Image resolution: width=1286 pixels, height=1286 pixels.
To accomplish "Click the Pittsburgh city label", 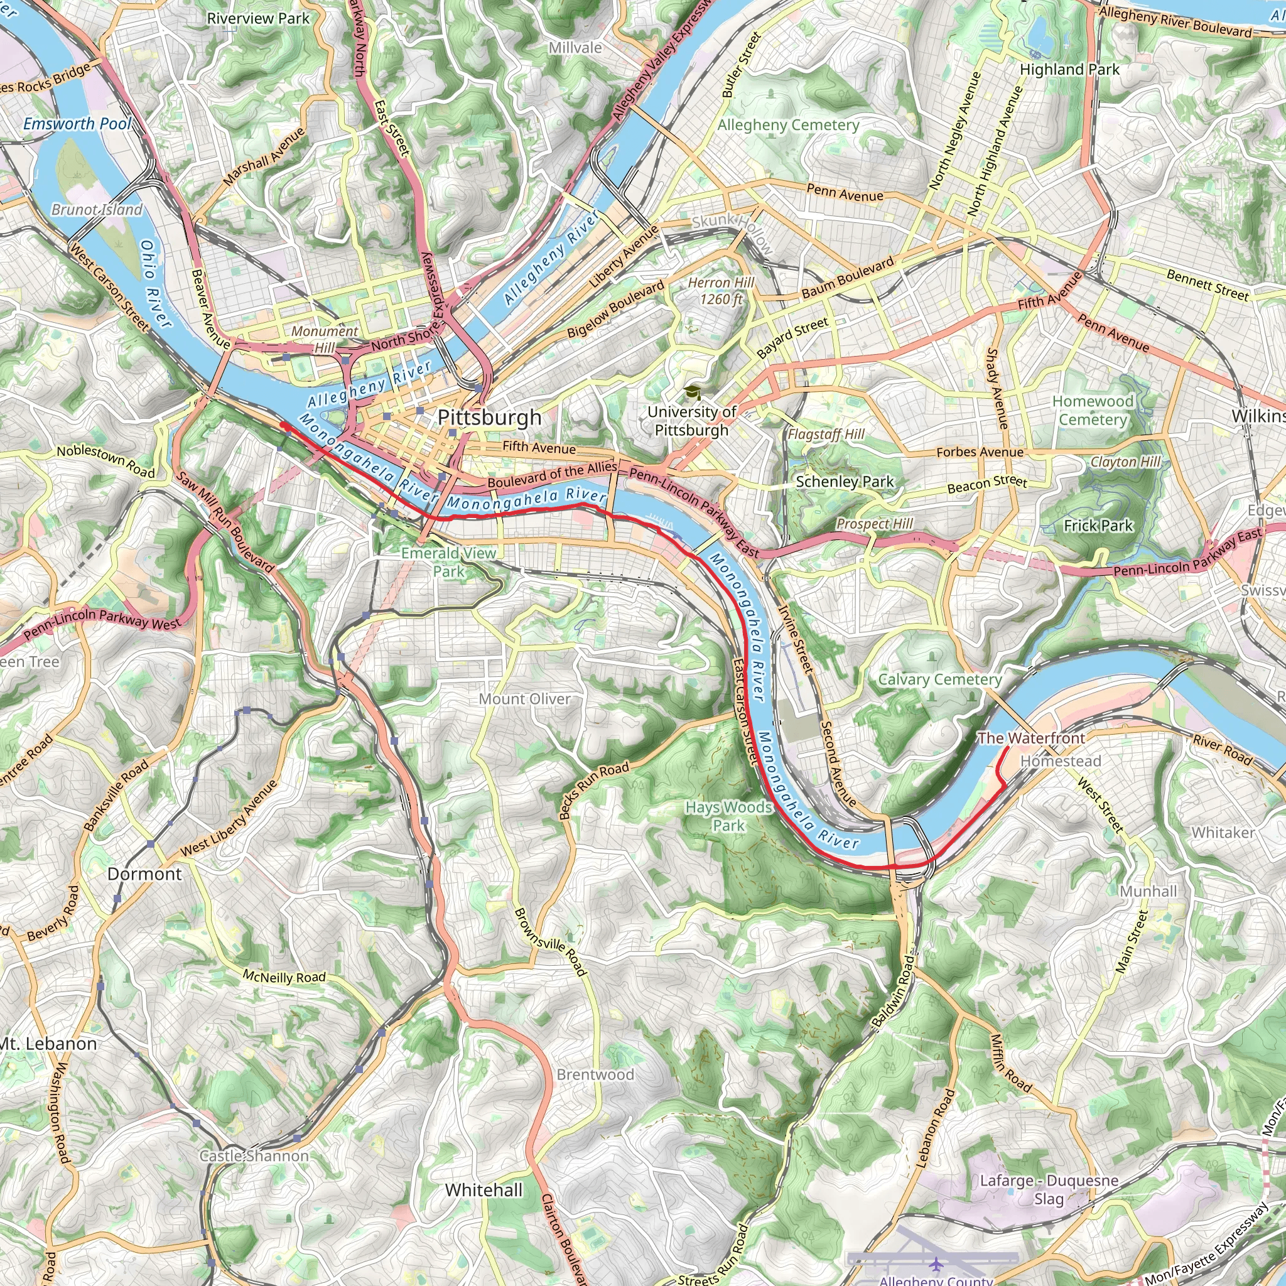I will [489, 418].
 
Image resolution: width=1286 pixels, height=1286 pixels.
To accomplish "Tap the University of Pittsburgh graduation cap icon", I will [692, 392].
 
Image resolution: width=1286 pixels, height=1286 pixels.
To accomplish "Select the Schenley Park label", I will [844, 481].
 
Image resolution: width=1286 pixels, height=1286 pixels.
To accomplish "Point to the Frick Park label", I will [1098, 526].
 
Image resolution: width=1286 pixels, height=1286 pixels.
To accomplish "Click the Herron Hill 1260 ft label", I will [721, 291].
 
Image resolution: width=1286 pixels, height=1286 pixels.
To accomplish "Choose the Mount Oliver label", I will [524, 699].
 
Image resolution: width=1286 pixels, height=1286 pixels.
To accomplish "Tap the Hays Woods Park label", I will [728, 816].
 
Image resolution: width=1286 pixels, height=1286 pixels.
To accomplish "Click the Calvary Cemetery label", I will [939, 679].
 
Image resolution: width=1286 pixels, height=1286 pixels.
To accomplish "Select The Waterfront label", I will [1030, 738].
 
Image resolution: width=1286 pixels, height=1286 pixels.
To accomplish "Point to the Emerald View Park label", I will [448, 562].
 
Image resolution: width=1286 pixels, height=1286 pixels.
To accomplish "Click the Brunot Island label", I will [97, 210].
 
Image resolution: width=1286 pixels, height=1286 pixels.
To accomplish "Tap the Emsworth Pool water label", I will [77, 124].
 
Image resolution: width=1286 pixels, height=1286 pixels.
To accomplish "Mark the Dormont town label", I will [144, 874].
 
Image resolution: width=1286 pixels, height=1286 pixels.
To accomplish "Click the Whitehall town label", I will [484, 1190].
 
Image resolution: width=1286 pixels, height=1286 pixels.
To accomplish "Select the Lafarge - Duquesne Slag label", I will [1049, 1189].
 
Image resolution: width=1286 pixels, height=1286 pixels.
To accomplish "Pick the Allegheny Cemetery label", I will [788, 125].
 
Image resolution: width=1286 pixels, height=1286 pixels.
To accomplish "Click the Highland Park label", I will [1069, 69].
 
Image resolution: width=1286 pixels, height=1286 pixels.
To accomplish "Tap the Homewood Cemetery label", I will [1093, 410].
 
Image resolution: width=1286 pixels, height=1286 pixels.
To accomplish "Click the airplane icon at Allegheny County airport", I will [936, 1263].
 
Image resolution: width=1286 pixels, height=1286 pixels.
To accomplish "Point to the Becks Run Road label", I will [594, 791].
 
